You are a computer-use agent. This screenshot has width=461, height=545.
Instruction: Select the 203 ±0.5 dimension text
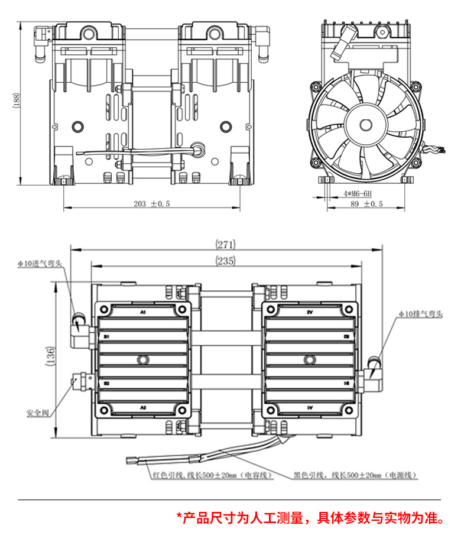tap(151, 204)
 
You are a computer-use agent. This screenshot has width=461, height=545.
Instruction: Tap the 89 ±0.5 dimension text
tap(366, 204)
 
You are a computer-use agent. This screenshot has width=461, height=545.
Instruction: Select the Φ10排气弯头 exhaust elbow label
tap(418, 314)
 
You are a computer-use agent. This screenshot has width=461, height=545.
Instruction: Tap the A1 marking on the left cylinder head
tap(142, 311)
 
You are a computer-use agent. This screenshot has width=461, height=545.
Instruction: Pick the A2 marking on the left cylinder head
tap(142, 408)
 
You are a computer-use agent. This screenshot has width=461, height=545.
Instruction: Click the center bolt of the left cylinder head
tap(142, 359)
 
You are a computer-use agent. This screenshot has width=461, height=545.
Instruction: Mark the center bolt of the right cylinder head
tap(309, 359)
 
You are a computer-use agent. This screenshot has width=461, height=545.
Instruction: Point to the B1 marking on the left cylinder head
tap(107, 336)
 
